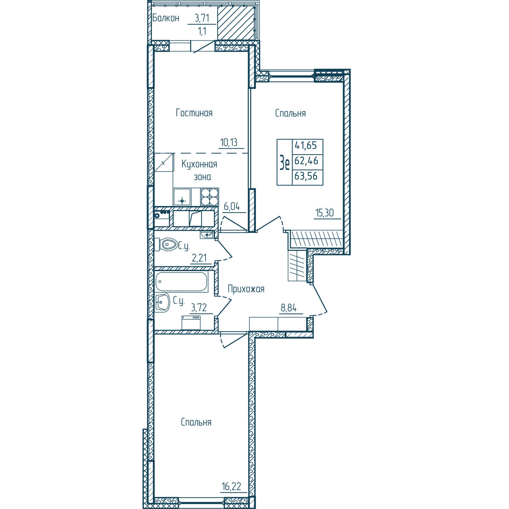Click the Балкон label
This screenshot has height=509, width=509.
pos(166,18)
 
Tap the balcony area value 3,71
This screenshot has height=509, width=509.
pos(202,18)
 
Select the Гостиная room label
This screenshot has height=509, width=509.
pos(194,113)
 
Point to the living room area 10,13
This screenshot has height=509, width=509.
pos(229,142)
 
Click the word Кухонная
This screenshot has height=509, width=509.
pos(199,165)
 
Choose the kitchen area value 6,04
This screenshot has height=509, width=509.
pos(232,206)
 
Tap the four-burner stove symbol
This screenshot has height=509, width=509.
pos(209,197)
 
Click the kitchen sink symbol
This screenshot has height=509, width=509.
pos(182,197)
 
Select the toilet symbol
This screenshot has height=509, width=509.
pos(166,244)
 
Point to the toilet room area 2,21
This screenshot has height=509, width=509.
pos(199,258)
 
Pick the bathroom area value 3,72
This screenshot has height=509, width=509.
pos(199,308)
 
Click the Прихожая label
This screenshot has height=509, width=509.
pos(246,289)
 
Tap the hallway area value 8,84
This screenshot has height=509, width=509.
pos(289,308)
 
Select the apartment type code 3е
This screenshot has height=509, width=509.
pos(285,162)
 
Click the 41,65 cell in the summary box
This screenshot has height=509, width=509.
pos(306,146)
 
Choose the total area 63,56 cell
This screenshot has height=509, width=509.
pos(306,176)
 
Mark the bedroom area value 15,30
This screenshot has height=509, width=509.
pos(325,213)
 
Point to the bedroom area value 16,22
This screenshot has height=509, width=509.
pos(231,487)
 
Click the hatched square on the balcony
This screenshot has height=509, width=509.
pos(236,23)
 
